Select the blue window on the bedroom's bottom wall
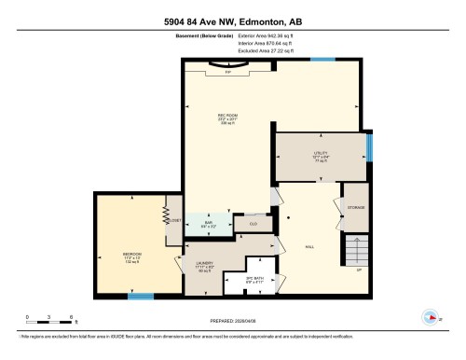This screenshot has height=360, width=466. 141,297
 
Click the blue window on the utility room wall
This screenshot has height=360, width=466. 369,146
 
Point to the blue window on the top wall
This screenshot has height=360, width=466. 322,59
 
